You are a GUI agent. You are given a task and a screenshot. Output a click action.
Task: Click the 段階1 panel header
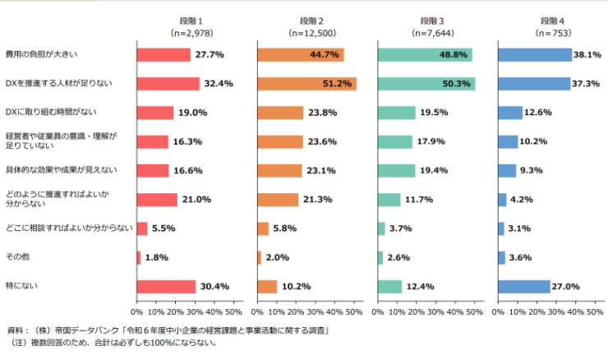tap(186, 20)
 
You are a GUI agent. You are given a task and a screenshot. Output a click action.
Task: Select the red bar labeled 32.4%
tap(168, 84)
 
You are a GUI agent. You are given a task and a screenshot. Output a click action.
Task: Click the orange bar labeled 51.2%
tap(306, 84)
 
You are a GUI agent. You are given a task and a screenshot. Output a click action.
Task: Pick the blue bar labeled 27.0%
tap(523, 287)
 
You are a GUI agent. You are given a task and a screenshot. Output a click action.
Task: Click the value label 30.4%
tap(216, 287)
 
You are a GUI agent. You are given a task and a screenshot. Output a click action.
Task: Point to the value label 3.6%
tap(527, 257)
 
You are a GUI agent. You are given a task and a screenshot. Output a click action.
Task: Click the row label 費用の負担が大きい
tap(41, 55)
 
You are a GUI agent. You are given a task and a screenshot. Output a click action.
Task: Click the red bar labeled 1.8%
tap(139, 257)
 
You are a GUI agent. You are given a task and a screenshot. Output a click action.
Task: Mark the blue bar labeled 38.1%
tap(535, 55)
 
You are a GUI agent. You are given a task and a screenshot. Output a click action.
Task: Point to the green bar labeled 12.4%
tap(389, 287)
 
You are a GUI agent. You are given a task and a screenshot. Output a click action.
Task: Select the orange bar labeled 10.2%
tap(267, 287)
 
